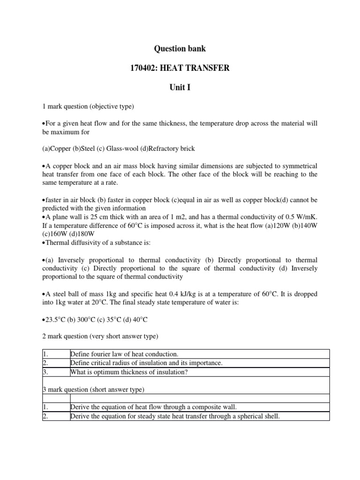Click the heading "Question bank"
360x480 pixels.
(180, 49)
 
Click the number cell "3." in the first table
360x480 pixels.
(45, 372)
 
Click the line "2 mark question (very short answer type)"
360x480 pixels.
(100, 337)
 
